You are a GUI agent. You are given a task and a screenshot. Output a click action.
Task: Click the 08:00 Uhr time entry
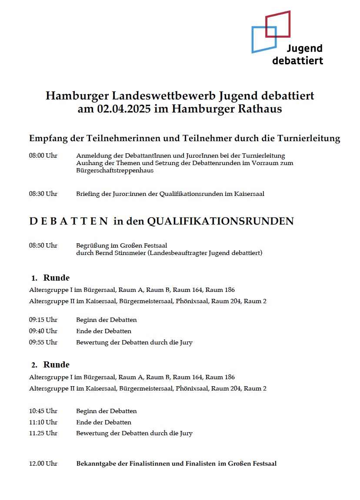click(x=43, y=156)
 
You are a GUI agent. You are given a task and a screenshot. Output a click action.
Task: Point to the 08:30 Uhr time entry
click(x=43, y=194)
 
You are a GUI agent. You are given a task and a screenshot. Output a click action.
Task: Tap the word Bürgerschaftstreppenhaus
click(x=115, y=171)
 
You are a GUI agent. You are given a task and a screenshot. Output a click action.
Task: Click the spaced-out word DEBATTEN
click(x=69, y=222)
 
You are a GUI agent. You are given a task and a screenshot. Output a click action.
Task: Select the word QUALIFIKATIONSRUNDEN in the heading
click(x=220, y=222)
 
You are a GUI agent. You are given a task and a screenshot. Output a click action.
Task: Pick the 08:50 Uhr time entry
click(x=43, y=245)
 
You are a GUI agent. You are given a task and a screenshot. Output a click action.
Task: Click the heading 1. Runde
click(x=50, y=278)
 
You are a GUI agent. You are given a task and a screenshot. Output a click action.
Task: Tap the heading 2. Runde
click(x=50, y=365)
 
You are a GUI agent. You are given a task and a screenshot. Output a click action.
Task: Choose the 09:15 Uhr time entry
click(x=43, y=320)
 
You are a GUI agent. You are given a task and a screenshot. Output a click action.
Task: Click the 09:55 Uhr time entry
click(x=43, y=342)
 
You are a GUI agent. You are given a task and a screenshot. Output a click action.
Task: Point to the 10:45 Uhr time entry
click(x=43, y=411)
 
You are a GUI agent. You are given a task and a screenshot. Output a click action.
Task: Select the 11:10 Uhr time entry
click(x=43, y=422)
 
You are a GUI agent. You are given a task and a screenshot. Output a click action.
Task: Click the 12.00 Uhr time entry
click(x=43, y=464)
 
